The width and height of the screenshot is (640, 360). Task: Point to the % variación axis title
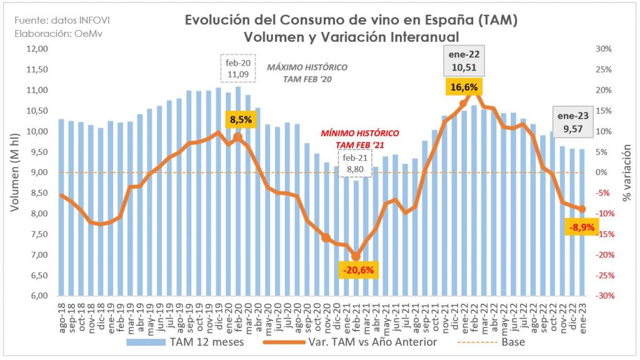click(627, 172)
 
